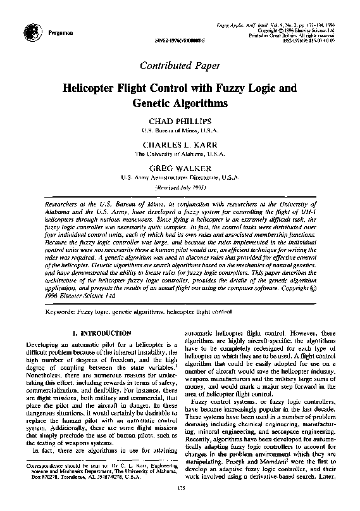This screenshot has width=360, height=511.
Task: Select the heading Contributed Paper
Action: click(179, 65)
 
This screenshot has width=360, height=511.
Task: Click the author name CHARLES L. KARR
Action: click(180, 144)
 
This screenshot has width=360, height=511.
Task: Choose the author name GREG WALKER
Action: click(180, 169)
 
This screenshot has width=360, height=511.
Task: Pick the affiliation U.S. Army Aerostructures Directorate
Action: click(180, 179)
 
